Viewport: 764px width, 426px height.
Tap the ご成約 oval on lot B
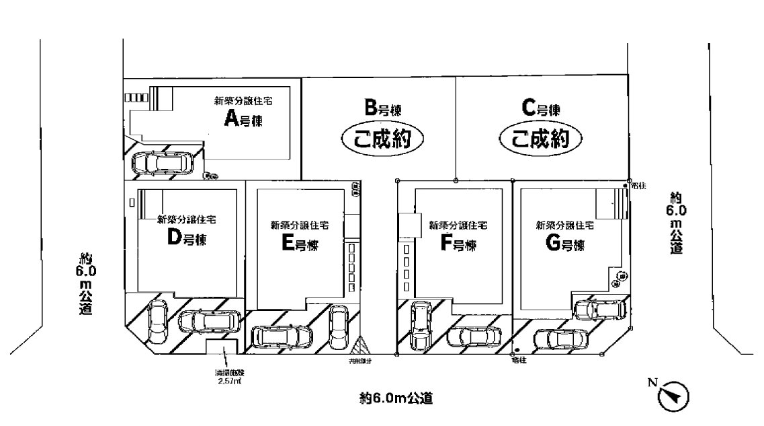(382, 140)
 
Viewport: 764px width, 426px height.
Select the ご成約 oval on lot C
(540, 139)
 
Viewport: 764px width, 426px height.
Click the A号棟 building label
(244, 120)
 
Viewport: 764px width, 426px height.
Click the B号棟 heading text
(384, 108)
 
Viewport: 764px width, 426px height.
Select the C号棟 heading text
(541, 108)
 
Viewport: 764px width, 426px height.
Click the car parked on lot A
(160, 162)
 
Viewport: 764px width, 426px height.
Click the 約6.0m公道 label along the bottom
(395, 398)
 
